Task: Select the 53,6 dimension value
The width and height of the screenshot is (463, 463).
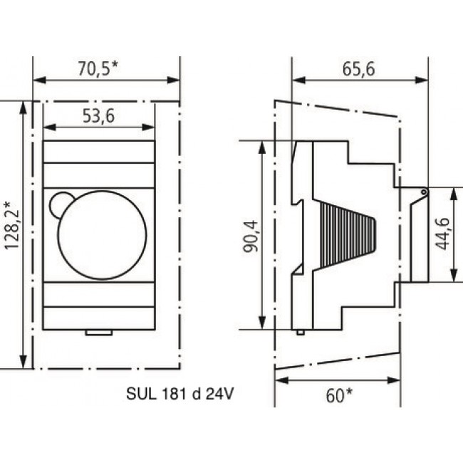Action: pos(98,117)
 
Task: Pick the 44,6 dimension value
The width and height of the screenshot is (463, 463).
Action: pos(442,234)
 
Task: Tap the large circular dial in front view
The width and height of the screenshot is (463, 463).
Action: pos(102,235)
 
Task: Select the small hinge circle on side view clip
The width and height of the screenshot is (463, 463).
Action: pos(423,192)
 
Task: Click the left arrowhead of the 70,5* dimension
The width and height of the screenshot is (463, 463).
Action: pos(37,79)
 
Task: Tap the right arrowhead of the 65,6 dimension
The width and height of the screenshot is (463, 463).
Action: pos(424,79)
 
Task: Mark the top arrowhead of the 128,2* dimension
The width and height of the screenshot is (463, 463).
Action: pos(26,105)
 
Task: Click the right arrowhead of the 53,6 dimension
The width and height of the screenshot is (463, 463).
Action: pos(150,128)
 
